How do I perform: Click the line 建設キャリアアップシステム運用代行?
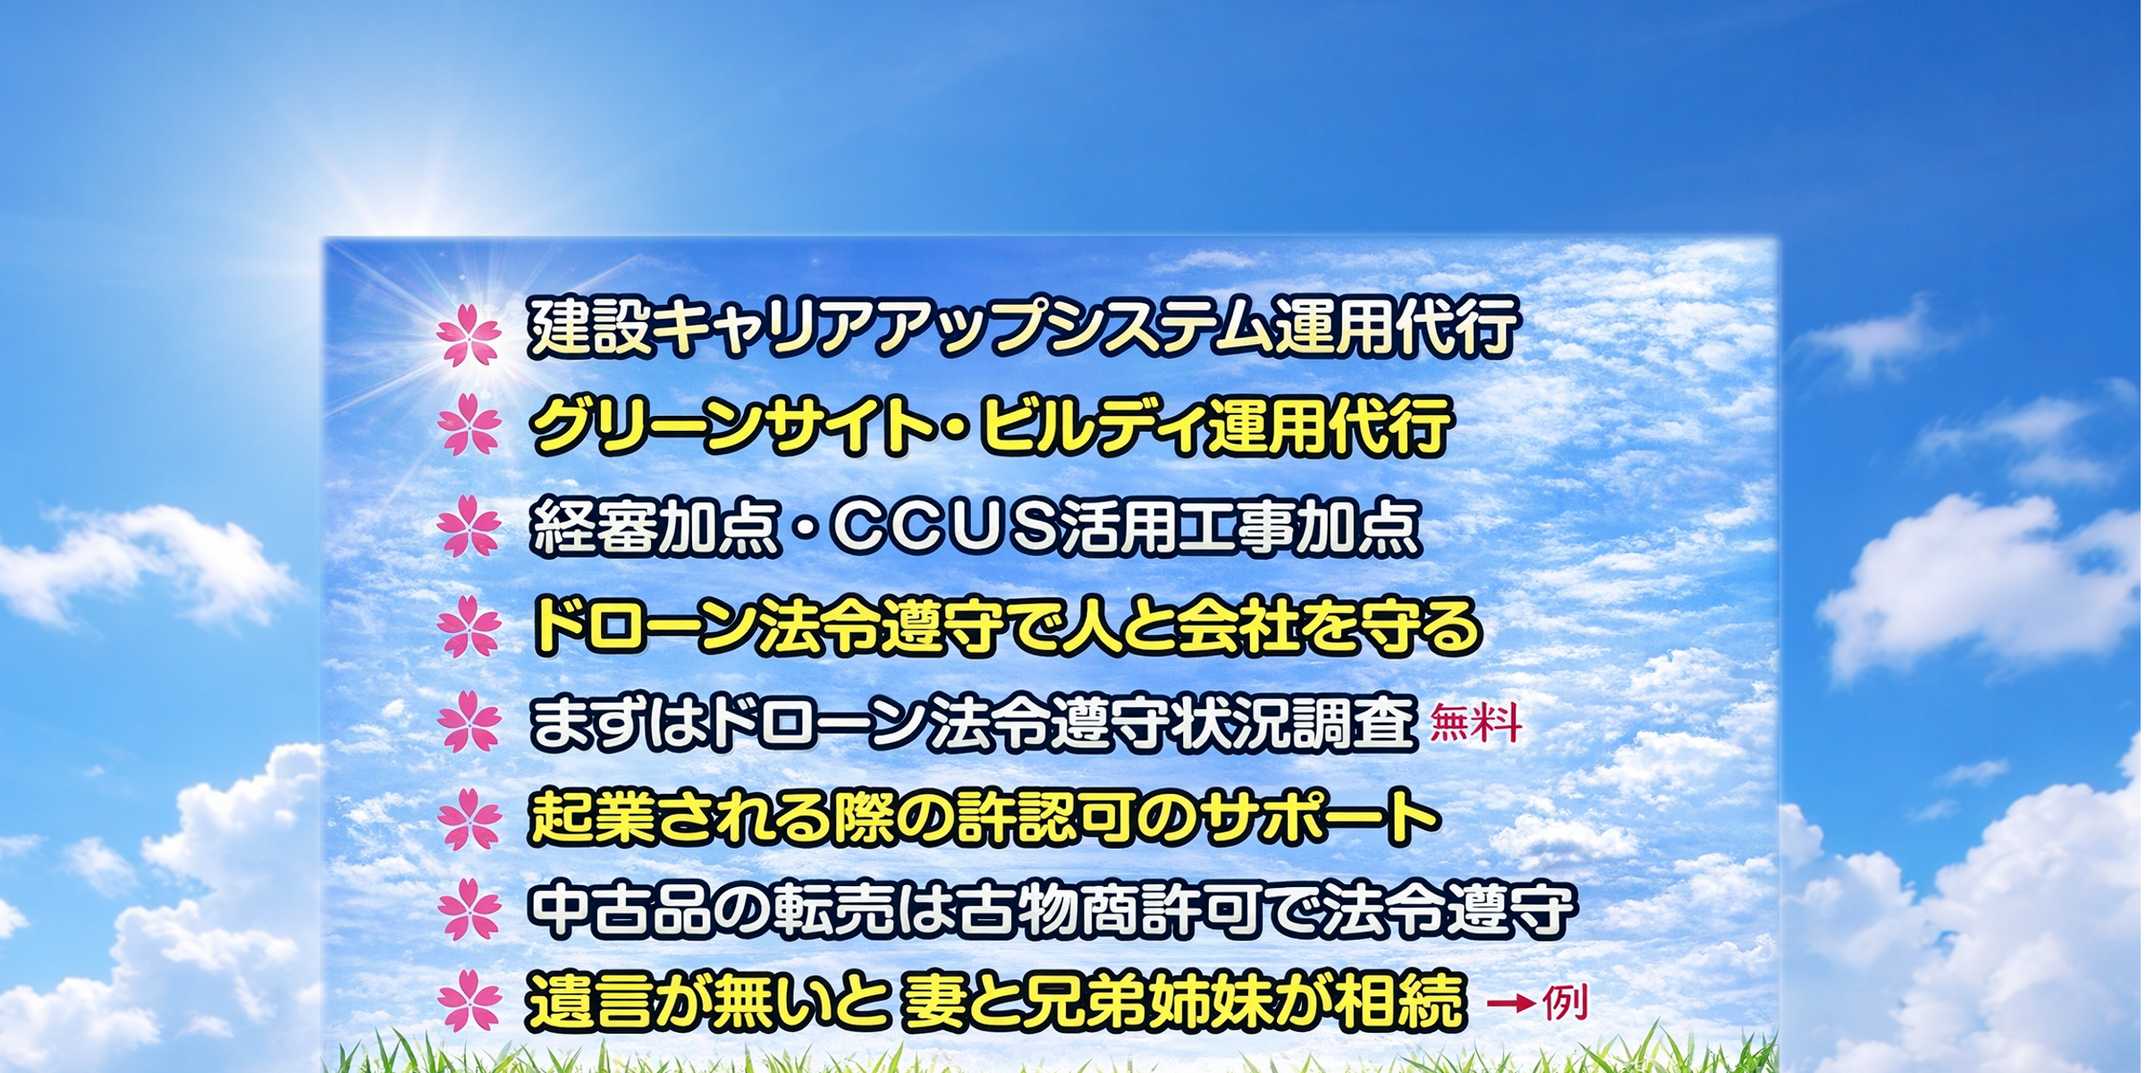(1023, 327)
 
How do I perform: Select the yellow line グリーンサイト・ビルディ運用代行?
(991, 427)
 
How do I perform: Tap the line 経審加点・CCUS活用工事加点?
(975, 528)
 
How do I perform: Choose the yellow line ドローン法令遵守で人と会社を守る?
(1006, 627)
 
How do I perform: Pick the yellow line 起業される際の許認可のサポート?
(984, 817)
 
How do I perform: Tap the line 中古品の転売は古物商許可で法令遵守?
(1051, 911)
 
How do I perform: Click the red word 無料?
(1475, 723)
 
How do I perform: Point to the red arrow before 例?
(1512, 1003)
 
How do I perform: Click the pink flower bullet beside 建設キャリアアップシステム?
(469, 335)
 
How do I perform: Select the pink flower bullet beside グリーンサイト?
(469, 427)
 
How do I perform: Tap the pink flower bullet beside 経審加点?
(469, 528)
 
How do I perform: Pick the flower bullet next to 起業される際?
(469, 819)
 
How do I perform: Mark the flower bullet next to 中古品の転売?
(469, 911)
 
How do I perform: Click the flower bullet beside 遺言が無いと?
(469, 1002)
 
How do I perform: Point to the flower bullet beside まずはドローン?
(469, 722)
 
